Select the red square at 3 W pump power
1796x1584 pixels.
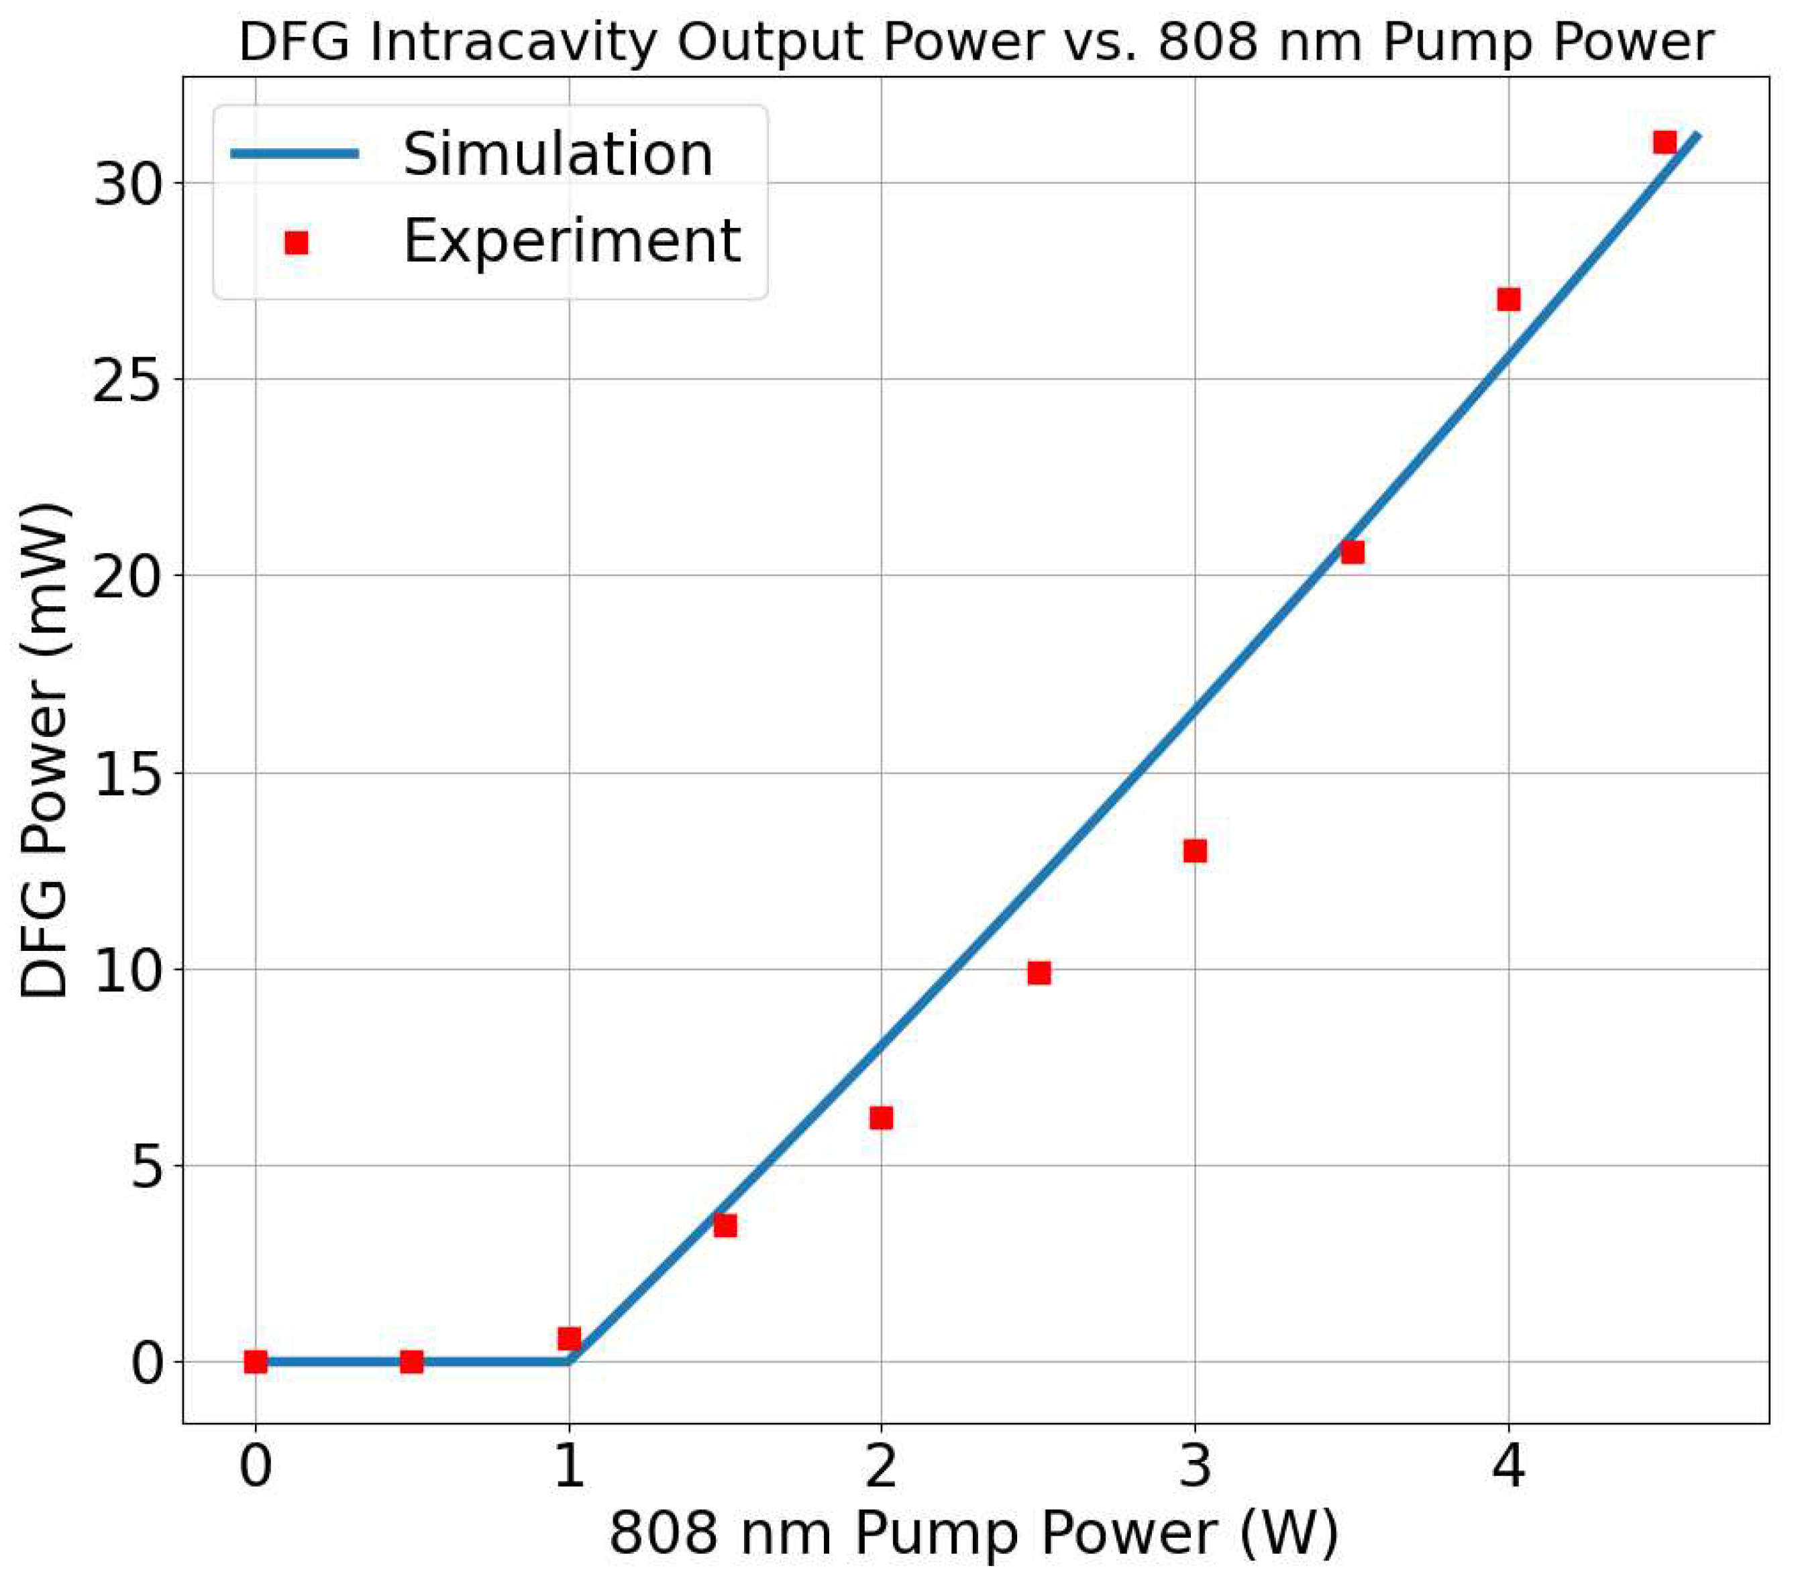coord(1195,851)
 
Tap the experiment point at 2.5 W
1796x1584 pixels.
coord(1039,972)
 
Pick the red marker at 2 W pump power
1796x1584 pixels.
coord(882,1117)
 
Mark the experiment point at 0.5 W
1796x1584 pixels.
coord(411,1362)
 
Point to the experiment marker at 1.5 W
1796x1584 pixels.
coord(725,1226)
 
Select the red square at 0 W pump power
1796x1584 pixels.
coord(255,1362)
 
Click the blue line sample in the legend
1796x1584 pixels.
coord(295,154)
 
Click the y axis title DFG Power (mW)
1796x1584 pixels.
coord(44,751)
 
